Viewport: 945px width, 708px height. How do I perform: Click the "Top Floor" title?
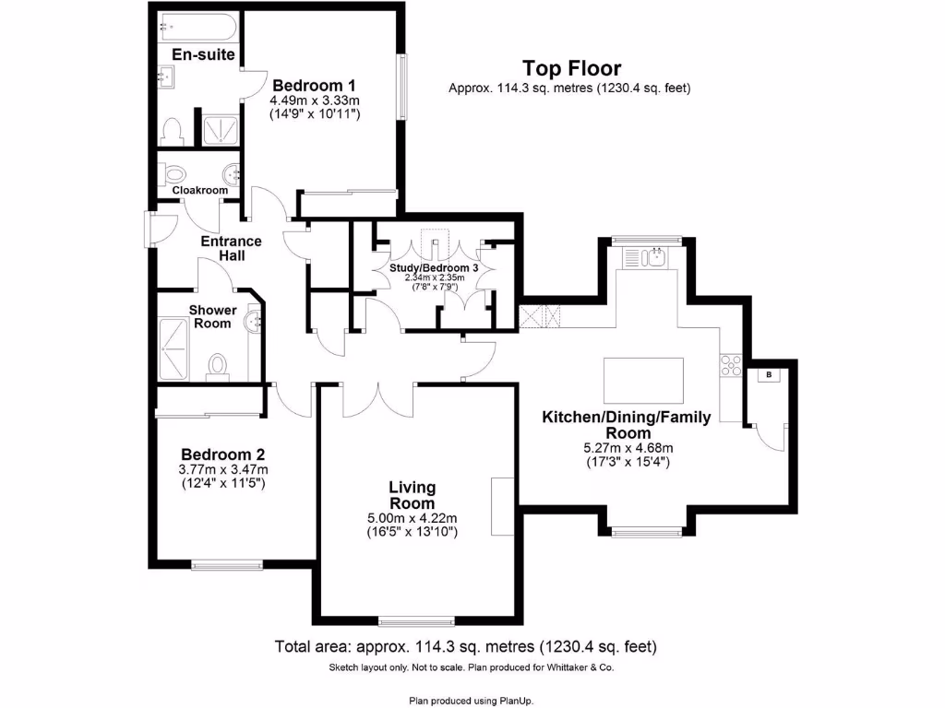point(571,68)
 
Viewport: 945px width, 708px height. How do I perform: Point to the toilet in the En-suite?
point(172,130)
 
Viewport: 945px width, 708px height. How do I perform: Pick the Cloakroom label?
point(200,190)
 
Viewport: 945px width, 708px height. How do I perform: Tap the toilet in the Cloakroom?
point(173,173)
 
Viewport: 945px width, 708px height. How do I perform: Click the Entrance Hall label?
point(232,248)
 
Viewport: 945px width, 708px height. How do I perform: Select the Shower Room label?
point(212,317)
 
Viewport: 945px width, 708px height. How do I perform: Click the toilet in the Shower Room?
point(219,366)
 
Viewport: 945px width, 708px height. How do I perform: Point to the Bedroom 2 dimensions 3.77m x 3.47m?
point(222,469)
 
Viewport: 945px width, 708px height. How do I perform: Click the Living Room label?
point(412,495)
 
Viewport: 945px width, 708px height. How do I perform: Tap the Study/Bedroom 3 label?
point(434,267)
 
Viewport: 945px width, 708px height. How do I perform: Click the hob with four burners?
point(730,366)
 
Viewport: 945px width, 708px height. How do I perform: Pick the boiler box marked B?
point(768,374)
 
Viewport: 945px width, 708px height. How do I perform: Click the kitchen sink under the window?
point(657,257)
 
